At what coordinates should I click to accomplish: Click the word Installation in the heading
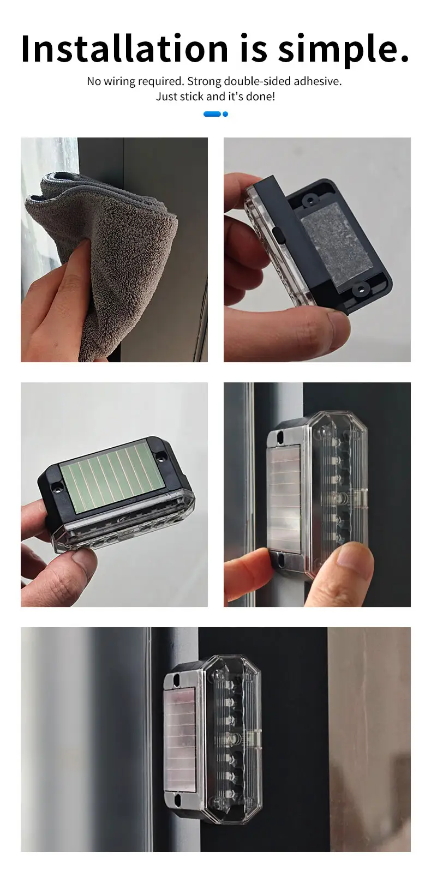pyautogui.click(x=124, y=49)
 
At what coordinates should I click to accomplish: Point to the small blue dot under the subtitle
pyautogui.click(x=225, y=114)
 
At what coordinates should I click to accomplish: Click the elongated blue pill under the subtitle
pyautogui.click(x=212, y=114)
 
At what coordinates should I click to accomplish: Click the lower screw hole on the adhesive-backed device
pyautogui.click(x=360, y=289)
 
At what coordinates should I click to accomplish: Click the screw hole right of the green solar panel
pyautogui.click(x=160, y=456)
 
